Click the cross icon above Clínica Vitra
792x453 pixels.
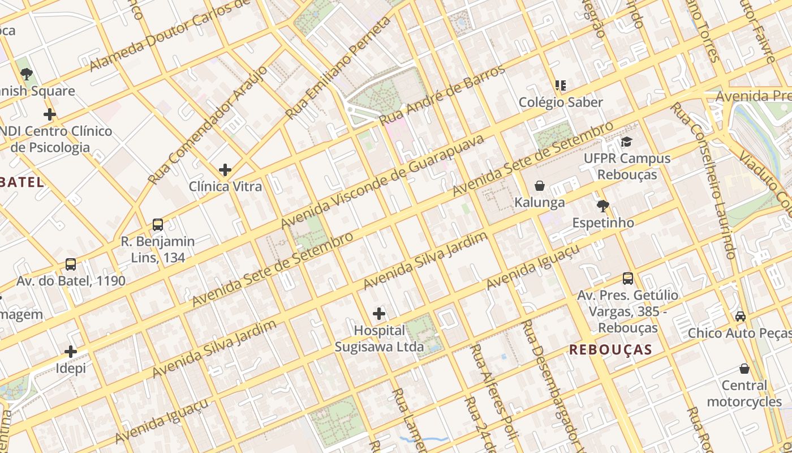225,169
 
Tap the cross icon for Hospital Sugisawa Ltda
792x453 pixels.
379,313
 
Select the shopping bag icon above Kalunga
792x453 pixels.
540,186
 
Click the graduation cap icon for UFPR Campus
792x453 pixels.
626,142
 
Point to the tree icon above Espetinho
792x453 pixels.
603,206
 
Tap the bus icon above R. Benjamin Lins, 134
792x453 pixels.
158,225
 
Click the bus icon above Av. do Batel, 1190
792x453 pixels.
71,264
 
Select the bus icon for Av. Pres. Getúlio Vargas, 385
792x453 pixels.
628,279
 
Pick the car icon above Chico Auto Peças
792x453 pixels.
741,316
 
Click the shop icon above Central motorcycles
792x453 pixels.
744,369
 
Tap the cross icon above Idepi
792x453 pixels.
71,352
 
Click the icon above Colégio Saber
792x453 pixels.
561,86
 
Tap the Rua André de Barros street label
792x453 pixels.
442,95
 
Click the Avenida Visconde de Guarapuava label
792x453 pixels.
383,182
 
